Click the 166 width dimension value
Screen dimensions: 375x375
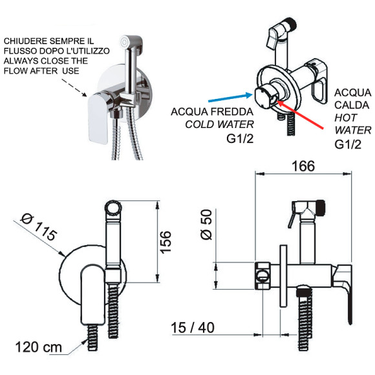[x=303, y=166]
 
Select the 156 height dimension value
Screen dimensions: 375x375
[x=166, y=242]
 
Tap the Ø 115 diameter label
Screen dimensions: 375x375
[x=39, y=227]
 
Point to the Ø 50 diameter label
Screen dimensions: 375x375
[x=206, y=224]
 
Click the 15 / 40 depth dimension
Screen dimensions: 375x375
[x=193, y=327]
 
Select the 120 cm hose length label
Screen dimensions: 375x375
[x=39, y=347]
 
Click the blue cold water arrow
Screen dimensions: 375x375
[x=230, y=98]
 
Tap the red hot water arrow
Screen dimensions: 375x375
[x=300, y=114]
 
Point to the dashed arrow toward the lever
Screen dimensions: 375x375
[x=74, y=88]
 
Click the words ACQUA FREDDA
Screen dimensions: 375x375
[x=212, y=112]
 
